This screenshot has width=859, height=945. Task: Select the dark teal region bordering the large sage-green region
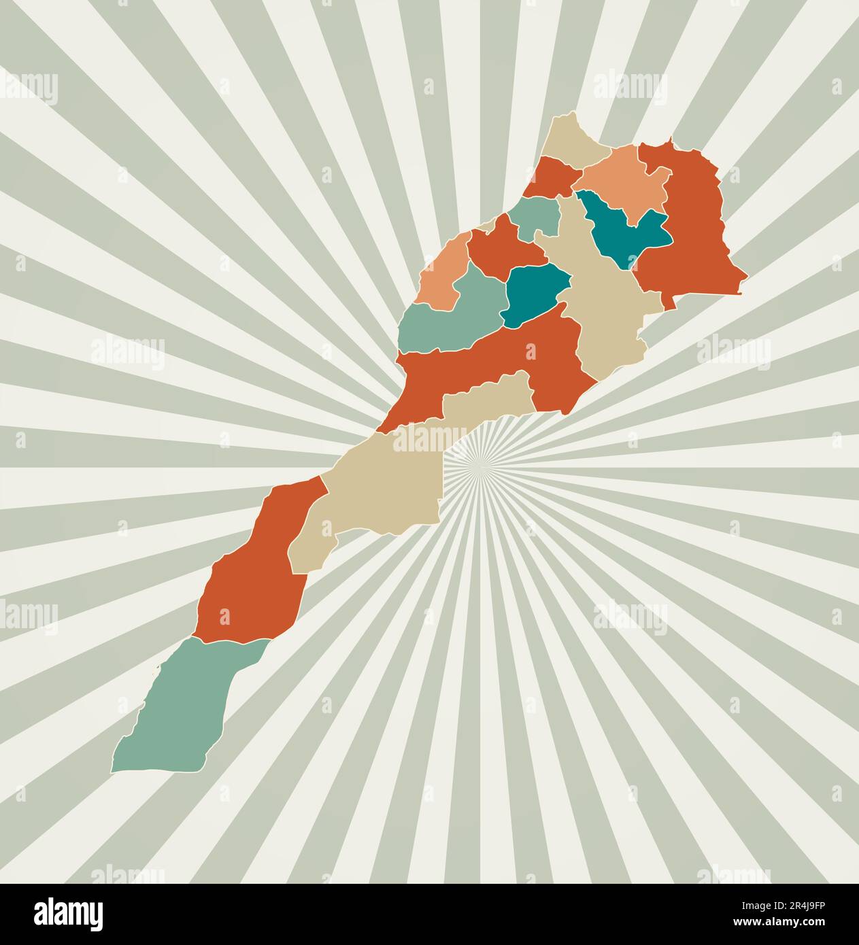534,292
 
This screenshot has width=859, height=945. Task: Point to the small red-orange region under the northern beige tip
551,177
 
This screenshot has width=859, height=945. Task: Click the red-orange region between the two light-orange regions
503,248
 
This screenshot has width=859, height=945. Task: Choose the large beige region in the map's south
381,489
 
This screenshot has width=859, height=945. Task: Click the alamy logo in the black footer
68,914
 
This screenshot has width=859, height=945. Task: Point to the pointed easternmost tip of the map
747,277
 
